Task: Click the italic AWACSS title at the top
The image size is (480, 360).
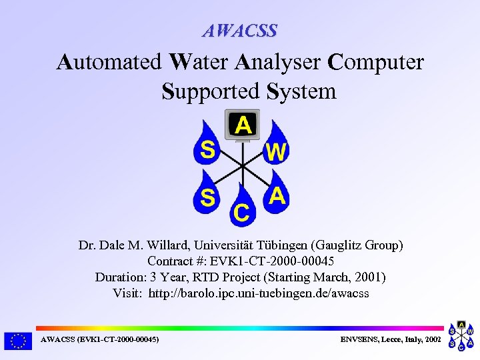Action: [240, 31]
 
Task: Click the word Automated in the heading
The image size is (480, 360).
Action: [109, 62]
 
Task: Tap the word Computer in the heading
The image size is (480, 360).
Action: [377, 62]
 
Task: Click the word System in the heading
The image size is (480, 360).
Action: [301, 91]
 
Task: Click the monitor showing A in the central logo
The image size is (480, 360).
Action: [243, 125]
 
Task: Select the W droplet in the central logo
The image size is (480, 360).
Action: [275, 150]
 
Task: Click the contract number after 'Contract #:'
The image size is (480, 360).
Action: [280, 261]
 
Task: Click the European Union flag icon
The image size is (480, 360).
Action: [18, 341]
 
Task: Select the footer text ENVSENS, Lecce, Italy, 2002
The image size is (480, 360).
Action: [391, 340]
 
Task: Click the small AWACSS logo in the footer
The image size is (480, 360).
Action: [461, 336]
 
